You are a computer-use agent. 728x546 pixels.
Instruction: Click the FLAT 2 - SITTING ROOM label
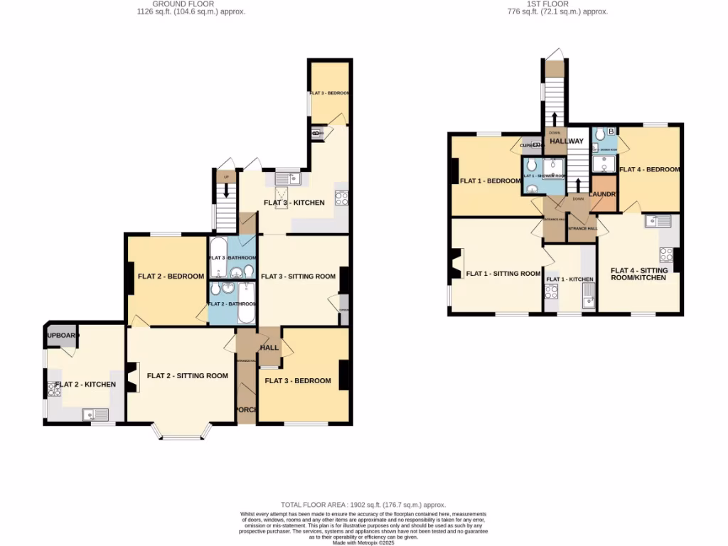[187, 376]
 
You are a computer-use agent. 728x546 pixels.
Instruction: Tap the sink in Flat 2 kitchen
[95, 414]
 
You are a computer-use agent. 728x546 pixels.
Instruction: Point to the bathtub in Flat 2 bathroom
[246, 303]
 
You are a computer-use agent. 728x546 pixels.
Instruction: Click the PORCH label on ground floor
[246, 409]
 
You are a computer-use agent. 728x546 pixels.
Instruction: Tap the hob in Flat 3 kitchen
[341, 198]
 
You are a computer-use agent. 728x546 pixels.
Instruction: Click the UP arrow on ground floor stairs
[227, 190]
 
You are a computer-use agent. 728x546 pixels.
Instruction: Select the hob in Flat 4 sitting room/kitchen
[667, 254]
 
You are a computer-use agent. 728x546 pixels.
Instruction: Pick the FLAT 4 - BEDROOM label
[649, 170]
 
